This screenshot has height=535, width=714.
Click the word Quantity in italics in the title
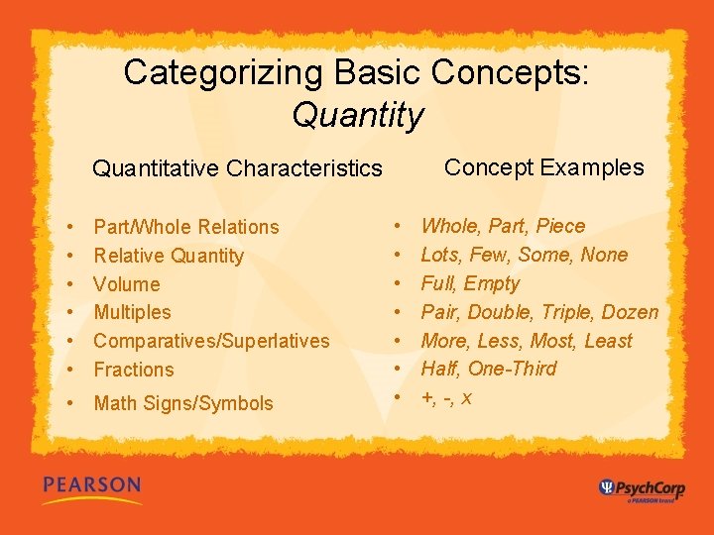pos(357,116)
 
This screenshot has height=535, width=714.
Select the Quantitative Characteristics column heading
pos(237,168)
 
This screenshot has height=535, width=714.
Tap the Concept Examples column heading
pos(543,167)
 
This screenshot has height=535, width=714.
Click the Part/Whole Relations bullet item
pos(186,227)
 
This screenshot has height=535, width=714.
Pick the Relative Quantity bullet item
pos(169,256)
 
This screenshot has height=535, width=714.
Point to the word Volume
pos(126,283)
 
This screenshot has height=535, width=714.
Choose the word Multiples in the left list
pos(132,312)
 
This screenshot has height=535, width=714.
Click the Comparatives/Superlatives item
pos(211,341)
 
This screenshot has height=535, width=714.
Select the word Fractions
pos(134,370)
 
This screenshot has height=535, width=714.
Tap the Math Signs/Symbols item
pos(183,403)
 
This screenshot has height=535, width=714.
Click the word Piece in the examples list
pos(560,226)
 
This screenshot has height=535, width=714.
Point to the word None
pos(604,255)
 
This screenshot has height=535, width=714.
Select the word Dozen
pos(631,312)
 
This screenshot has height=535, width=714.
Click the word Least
pos(608,341)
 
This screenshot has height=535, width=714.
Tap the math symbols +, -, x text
pos(446,397)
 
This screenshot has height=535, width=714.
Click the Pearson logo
pos(91,486)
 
